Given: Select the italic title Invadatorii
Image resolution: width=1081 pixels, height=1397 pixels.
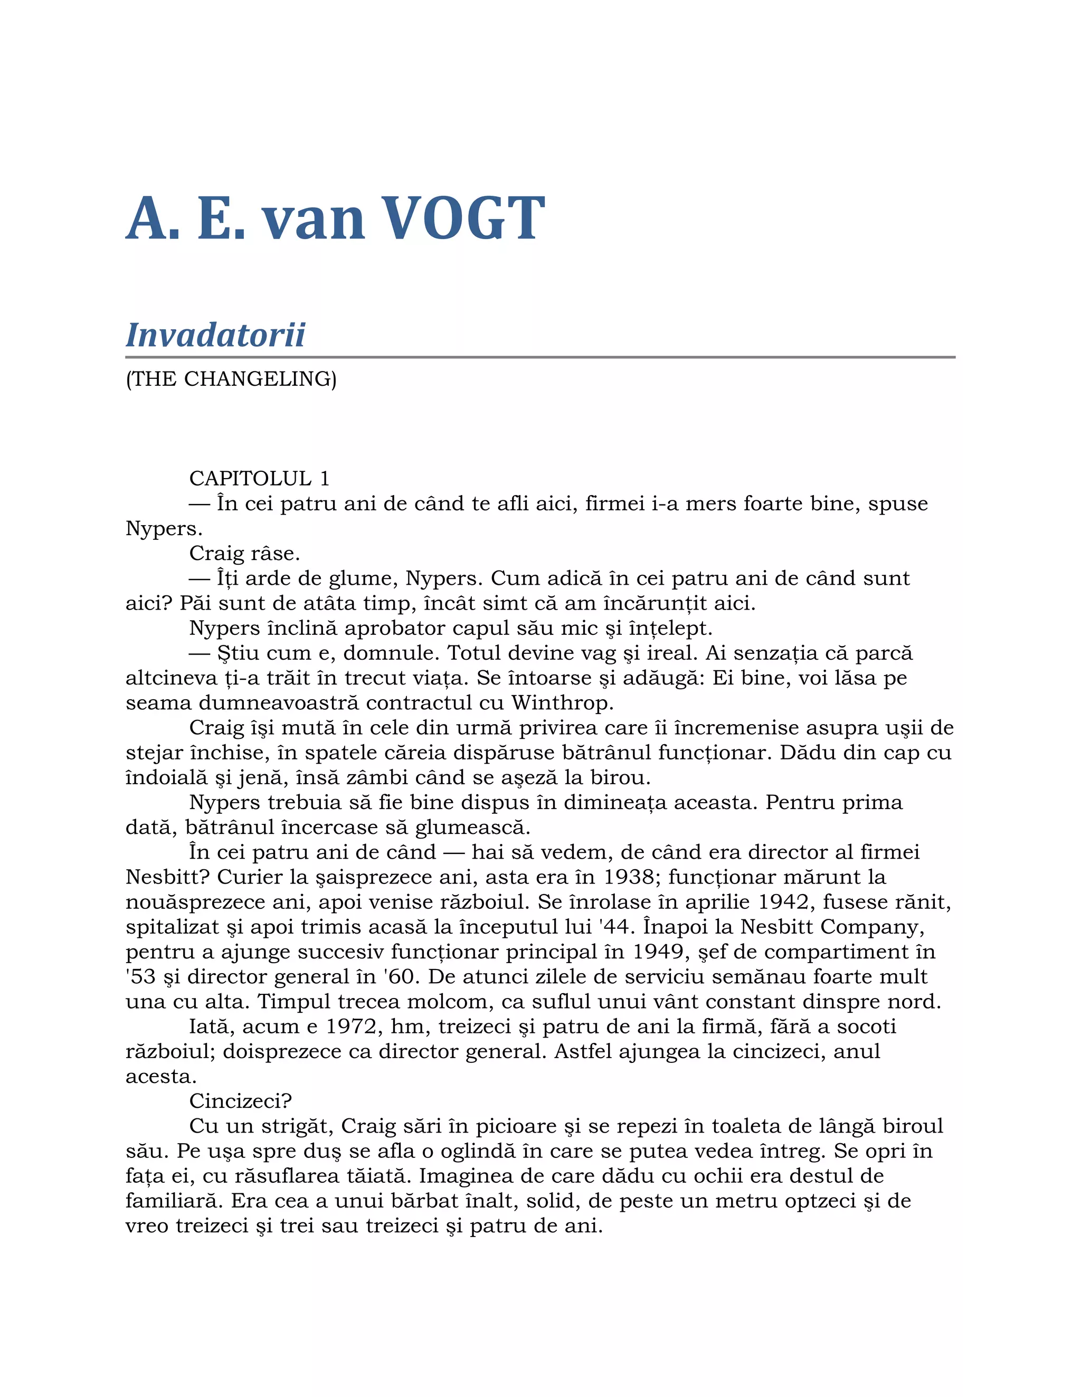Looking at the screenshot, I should [x=215, y=335].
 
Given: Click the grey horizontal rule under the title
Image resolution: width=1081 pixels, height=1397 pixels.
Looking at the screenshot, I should [x=540, y=357].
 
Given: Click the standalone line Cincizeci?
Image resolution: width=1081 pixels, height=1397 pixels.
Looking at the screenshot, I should [x=241, y=1101].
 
